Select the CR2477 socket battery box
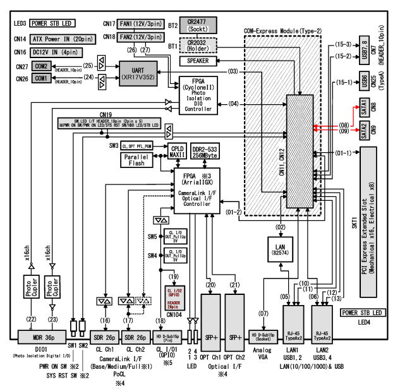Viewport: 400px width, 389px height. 197,25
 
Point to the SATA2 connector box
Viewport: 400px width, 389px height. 365,132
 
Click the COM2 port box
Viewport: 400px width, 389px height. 42,66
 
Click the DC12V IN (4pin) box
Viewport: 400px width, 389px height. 58,52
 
